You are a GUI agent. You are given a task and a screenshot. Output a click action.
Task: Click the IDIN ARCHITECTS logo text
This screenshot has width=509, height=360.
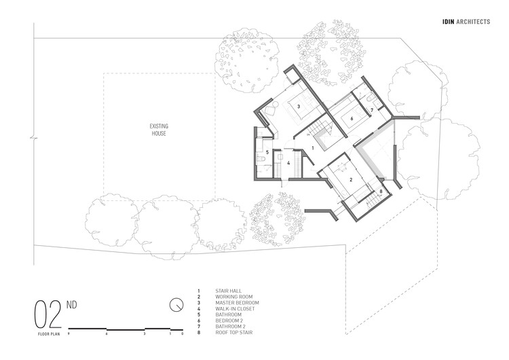(x=465, y=22)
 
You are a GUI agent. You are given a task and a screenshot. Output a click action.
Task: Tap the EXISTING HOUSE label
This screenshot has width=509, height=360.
(x=159, y=130)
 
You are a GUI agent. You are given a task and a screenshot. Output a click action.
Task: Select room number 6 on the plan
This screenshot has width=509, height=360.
(x=352, y=118)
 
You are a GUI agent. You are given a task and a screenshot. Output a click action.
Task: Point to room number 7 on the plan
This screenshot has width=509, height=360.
(x=371, y=109)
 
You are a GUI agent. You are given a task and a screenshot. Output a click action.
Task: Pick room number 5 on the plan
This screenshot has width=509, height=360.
(x=267, y=153)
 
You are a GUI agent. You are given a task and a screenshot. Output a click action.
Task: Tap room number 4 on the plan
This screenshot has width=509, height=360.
(x=288, y=163)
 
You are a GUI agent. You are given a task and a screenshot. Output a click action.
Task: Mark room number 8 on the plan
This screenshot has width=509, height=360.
(x=381, y=193)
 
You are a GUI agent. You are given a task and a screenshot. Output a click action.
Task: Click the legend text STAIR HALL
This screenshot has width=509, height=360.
(x=228, y=290)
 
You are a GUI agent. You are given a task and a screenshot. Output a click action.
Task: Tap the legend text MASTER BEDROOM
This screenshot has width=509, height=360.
(x=238, y=302)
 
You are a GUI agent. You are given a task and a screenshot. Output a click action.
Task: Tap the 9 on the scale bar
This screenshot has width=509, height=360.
(x=69, y=335)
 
